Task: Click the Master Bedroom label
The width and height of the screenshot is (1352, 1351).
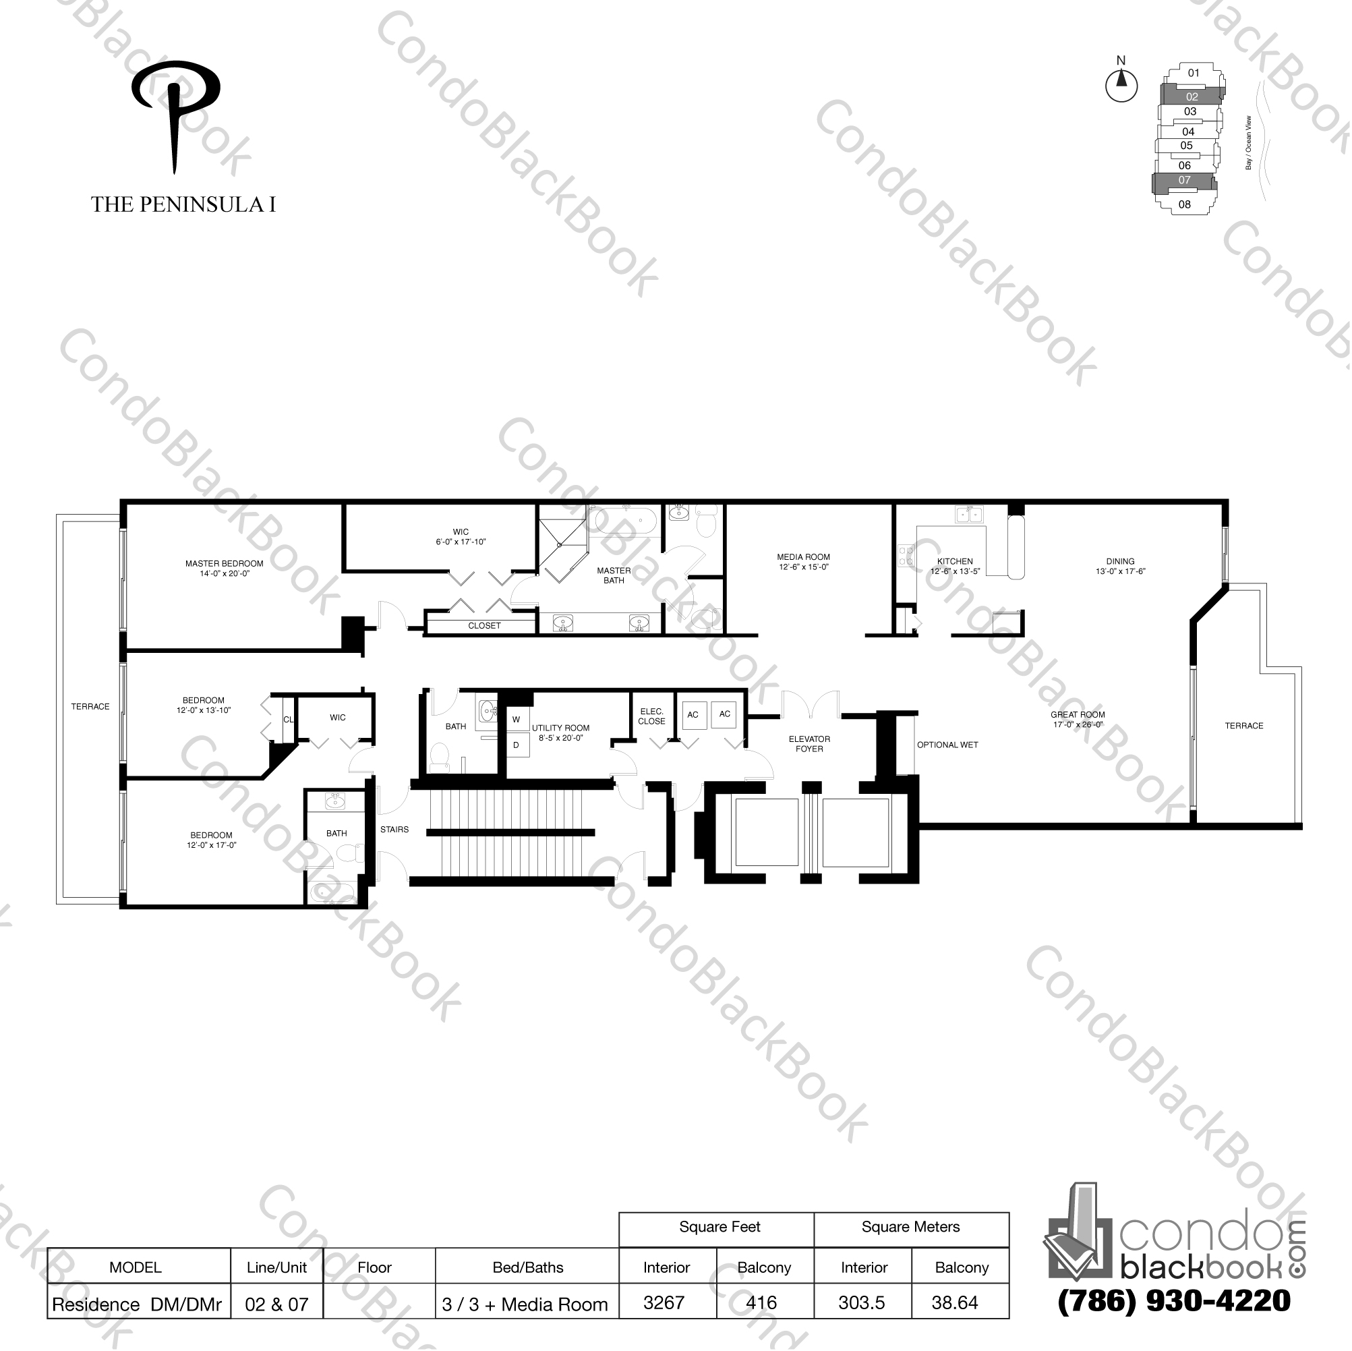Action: point(224,569)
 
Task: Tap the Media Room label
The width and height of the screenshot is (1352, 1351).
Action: point(803,562)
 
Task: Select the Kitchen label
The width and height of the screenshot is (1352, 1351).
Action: point(955,566)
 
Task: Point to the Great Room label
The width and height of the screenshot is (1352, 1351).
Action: point(1077,720)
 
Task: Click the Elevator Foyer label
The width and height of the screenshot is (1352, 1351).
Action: point(809,743)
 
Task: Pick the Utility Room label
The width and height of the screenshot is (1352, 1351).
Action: point(560,732)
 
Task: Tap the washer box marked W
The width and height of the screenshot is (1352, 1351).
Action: point(517,719)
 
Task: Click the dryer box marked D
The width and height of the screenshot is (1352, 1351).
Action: point(517,745)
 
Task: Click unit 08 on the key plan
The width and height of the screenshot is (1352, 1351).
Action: point(1184,204)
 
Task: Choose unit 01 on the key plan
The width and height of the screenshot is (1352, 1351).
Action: point(1194,72)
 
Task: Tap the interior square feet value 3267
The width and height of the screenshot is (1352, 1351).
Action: point(664,1302)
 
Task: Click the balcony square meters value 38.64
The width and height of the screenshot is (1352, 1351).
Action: point(955,1302)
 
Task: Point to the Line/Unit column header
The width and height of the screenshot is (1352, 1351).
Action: point(276,1267)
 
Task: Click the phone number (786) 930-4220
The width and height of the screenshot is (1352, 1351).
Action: point(1174,1301)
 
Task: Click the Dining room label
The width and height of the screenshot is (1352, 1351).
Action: point(1120,566)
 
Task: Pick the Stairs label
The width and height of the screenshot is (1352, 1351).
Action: point(394,830)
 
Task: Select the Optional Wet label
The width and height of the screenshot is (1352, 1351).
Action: point(947,745)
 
